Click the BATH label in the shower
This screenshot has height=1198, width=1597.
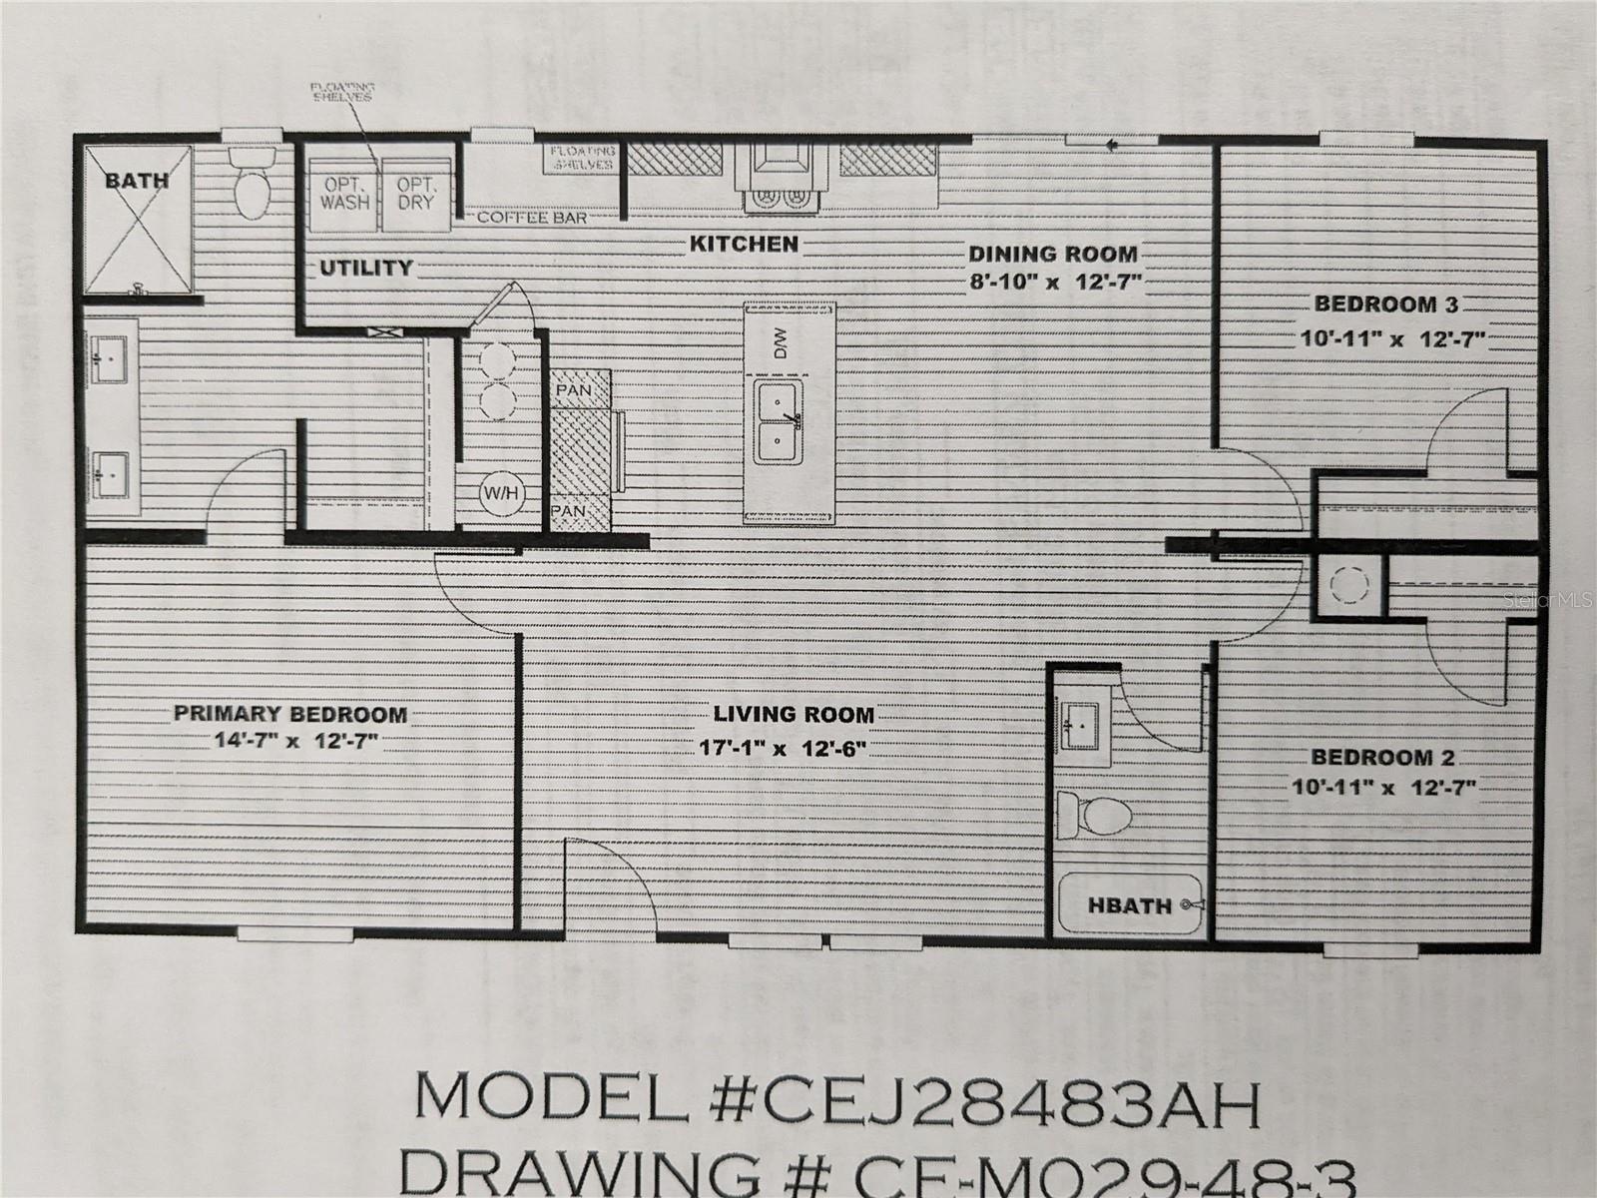(137, 181)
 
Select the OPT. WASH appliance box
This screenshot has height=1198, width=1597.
(344, 193)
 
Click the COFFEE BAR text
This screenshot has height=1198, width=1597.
(531, 217)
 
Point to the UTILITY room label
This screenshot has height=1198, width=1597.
(365, 268)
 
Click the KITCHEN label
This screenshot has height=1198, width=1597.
(744, 244)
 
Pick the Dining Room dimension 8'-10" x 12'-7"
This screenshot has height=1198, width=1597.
(1052, 282)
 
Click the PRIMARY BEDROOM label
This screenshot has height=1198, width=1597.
(289, 715)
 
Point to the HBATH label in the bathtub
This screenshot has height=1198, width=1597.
(1129, 905)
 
